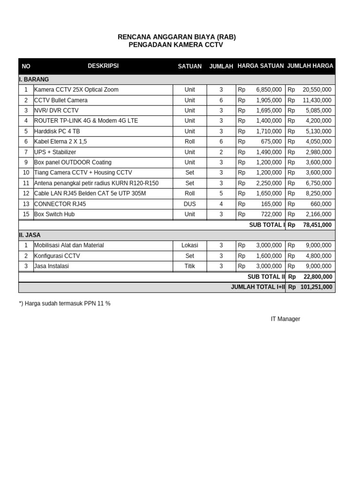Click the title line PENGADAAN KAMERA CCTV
(x=176, y=45)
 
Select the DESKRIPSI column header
(x=103, y=66)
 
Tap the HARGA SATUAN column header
(x=260, y=66)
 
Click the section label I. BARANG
(x=34, y=79)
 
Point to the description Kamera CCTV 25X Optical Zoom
(x=76, y=90)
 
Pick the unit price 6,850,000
(x=269, y=90)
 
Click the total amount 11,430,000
(x=317, y=100)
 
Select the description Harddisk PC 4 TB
(x=57, y=131)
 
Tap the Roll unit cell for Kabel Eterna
(x=189, y=142)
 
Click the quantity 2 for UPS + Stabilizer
(x=221, y=152)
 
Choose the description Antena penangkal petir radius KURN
(x=96, y=183)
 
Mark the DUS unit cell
(x=189, y=204)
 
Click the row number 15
(x=26, y=214)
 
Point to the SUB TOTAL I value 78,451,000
(x=317, y=225)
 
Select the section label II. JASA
(x=30, y=235)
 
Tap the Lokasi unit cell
(x=189, y=245)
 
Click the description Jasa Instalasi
(x=52, y=266)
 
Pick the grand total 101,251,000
(x=316, y=287)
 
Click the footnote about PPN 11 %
(x=65, y=303)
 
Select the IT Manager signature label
(x=285, y=319)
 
